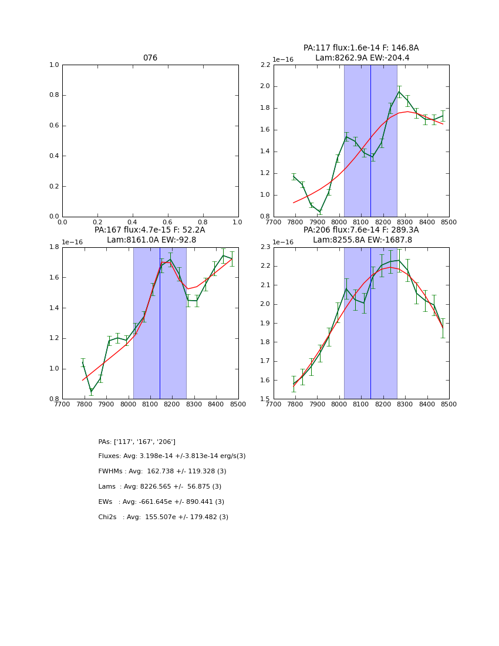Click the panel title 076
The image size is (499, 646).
click(x=150, y=58)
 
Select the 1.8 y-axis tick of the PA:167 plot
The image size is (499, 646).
click(x=54, y=247)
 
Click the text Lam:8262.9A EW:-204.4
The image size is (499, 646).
click(x=362, y=58)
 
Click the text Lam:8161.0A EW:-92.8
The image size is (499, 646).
click(x=151, y=240)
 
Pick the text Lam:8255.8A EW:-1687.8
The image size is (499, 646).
click(x=362, y=240)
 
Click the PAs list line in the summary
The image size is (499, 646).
click(x=137, y=442)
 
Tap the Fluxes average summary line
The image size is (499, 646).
click(x=172, y=456)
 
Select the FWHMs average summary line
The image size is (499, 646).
click(x=162, y=472)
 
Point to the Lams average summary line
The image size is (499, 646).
click(x=160, y=487)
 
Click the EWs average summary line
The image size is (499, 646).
click(x=161, y=502)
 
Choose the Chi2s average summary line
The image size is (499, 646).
click(x=163, y=517)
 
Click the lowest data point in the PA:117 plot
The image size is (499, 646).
click(x=320, y=212)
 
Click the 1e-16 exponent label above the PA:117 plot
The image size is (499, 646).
click(x=283, y=60)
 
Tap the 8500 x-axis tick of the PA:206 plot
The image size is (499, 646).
click(x=449, y=404)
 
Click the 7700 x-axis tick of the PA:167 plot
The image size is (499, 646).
click(x=62, y=404)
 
